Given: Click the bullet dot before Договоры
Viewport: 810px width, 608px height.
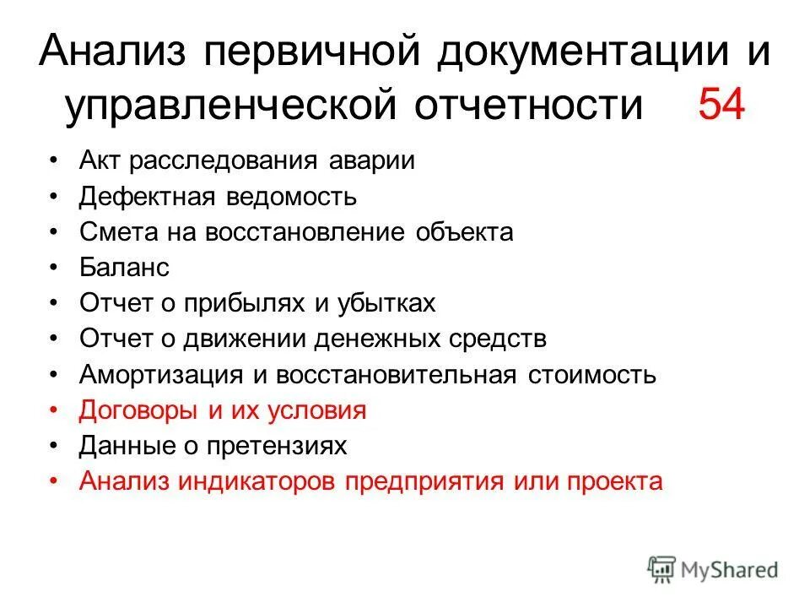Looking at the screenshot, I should [55, 410].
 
